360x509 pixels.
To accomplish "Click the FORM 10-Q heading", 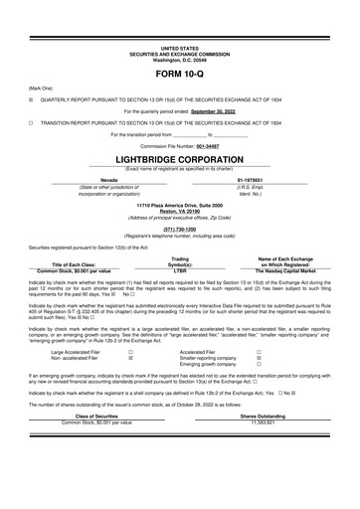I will (180, 75).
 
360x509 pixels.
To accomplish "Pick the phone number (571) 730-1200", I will (180, 229).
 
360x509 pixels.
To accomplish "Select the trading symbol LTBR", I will (180, 269).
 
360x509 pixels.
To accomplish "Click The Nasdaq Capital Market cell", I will (284, 269).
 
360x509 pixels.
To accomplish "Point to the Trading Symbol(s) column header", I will (180, 261).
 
